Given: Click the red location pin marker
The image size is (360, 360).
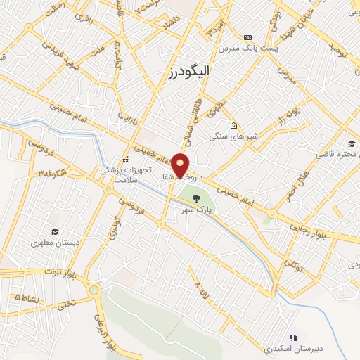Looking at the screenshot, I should point(181,165).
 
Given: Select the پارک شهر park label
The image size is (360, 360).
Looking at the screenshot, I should point(196,210).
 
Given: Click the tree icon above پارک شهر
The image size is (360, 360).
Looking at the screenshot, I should point(196,198).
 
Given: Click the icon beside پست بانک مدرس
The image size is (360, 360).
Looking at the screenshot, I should point(247,37).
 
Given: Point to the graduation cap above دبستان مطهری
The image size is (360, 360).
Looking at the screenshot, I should point(53,231).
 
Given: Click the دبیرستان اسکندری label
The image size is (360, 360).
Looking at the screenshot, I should point(286,348).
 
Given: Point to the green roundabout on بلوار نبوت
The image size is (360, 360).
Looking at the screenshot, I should point(94,290).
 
